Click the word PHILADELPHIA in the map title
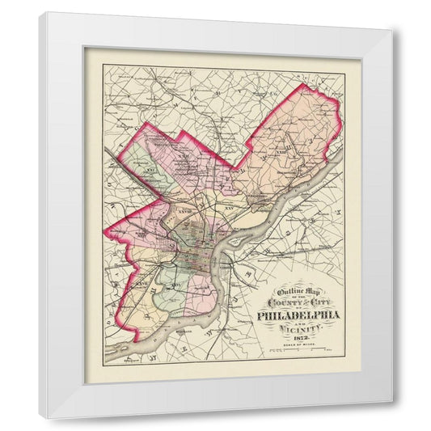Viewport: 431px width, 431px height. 298,315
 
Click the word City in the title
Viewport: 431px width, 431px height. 316,304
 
